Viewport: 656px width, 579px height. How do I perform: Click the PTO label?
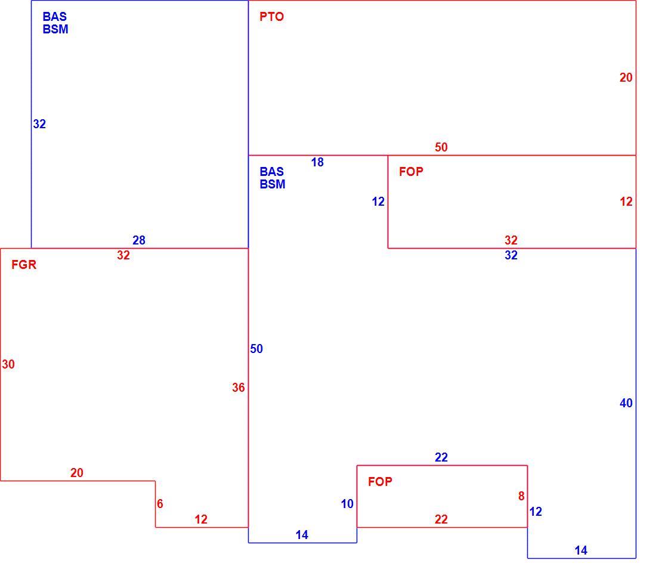pyautogui.click(x=271, y=17)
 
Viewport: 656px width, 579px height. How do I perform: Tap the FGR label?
pyautogui.click(x=24, y=265)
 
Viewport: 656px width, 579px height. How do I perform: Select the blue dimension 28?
pyautogui.click(x=139, y=240)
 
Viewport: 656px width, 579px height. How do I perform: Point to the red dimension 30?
pyautogui.click(x=8, y=364)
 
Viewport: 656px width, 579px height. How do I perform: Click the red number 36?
pyautogui.click(x=239, y=388)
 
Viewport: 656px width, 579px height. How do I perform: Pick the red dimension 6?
pyautogui.click(x=160, y=504)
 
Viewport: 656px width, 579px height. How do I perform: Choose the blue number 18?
pyautogui.click(x=317, y=162)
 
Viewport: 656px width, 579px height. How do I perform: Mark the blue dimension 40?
pyautogui.click(x=626, y=403)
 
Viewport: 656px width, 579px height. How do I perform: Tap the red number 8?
pyautogui.click(x=521, y=496)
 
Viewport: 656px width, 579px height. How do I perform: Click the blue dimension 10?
pyautogui.click(x=347, y=504)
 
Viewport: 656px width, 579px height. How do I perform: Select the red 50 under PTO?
pyautogui.click(x=441, y=147)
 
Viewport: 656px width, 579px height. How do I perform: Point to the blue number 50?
pyautogui.click(x=256, y=349)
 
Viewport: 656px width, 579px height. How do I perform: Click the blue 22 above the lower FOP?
pyautogui.click(x=441, y=458)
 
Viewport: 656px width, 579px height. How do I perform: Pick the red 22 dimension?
pyautogui.click(x=441, y=519)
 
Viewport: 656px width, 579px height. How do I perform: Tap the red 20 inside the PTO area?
pyautogui.click(x=626, y=78)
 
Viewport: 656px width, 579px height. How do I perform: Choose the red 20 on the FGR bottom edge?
pyautogui.click(x=77, y=473)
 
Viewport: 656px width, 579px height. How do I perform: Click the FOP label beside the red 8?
pyautogui.click(x=380, y=482)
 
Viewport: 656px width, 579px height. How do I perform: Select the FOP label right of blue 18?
pyautogui.click(x=411, y=172)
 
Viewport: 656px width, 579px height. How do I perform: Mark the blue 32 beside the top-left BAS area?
pyautogui.click(x=40, y=124)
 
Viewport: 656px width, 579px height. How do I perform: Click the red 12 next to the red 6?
pyautogui.click(x=201, y=519)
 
